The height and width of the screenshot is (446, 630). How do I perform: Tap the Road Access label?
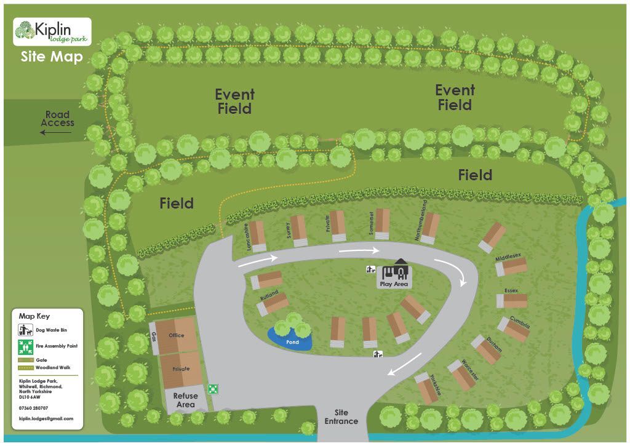[57, 119]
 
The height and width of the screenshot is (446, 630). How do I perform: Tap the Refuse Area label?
[185, 400]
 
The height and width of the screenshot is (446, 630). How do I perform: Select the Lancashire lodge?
[257, 236]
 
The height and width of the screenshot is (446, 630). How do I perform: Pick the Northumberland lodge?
[431, 228]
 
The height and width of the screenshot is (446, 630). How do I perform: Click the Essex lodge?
[512, 300]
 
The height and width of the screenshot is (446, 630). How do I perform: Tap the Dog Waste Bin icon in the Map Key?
[25, 331]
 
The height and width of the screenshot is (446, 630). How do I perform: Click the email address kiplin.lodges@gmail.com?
[46, 418]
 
